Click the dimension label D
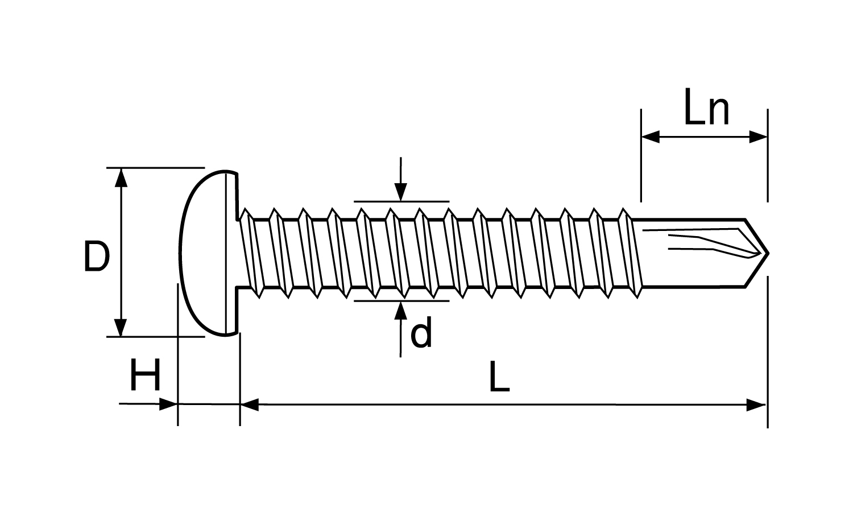click(x=97, y=257)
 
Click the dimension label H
click(x=144, y=375)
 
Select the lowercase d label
click(x=421, y=332)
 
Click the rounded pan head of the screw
click(x=209, y=253)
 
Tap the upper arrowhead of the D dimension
click(x=121, y=177)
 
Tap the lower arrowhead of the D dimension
click(x=121, y=328)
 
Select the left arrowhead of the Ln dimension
click(x=651, y=137)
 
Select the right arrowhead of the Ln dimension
click(x=758, y=137)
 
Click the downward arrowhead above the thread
click(x=400, y=192)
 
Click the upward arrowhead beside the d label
click(x=400, y=311)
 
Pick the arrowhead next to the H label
click(x=168, y=404)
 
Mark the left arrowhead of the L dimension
click(x=250, y=404)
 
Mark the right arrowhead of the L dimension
click(x=756, y=404)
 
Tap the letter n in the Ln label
click(x=718, y=112)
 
